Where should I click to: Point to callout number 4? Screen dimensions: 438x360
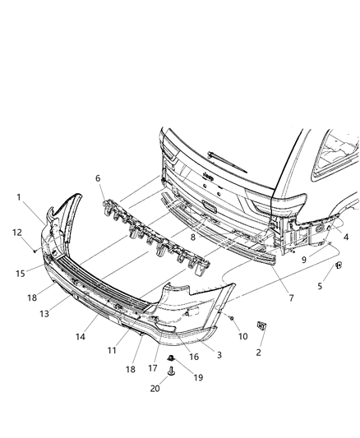click(x=345, y=237)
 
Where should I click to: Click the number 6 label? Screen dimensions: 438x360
click(x=99, y=178)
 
